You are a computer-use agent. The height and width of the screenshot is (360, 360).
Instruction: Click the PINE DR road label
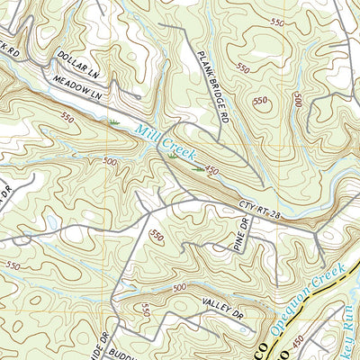tap(238, 238)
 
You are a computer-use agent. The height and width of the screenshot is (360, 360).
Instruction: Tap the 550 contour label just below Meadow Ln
tap(68, 117)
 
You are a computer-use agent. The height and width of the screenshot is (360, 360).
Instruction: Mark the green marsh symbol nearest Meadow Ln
tap(114, 120)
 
